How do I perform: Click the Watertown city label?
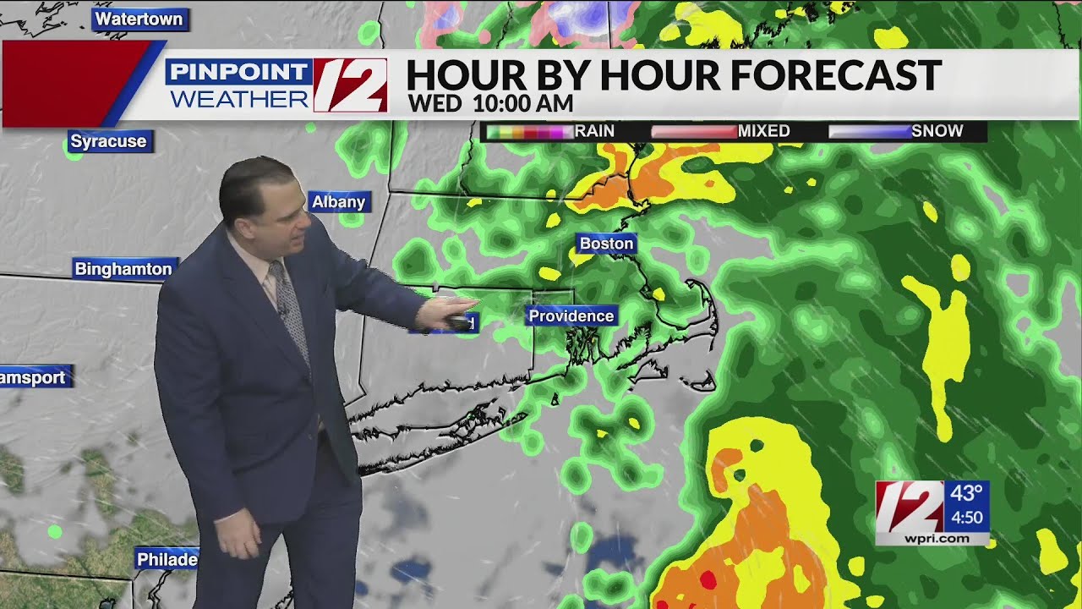tap(139, 19)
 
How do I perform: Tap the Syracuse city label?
tap(108, 141)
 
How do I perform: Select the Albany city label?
tap(338, 201)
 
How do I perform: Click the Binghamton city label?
tap(123, 269)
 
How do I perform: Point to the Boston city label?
tap(606, 244)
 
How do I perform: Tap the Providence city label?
tap(571, 315)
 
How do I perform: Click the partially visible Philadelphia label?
tap(167, 559)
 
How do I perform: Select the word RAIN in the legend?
tap(594, 131)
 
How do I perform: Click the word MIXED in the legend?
tap(763, 131)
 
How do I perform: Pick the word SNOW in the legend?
tap(937, 131)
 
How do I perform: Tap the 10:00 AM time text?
tap(523, 104)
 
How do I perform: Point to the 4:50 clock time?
tap(966, 517)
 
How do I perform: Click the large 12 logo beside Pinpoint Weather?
tap(350, 85)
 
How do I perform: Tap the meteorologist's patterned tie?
tap(290, 309)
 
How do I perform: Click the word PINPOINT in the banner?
tap(239, 72)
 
